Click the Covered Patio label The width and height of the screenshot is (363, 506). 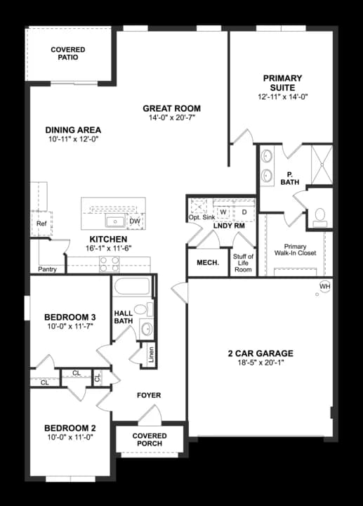(68, 53)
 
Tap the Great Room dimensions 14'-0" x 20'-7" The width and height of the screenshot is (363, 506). (171, 118)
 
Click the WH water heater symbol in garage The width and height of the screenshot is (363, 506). (324, 287)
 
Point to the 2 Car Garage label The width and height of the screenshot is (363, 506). (260, 353)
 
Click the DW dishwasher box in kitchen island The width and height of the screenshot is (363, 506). (136, 221)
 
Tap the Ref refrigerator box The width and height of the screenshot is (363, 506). (41, 223)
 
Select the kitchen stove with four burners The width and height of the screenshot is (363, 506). (110, 264)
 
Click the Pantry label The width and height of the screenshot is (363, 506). (48, 269)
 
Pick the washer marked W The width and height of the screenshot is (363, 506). (223, 211)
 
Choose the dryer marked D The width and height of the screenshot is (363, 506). (244, 211)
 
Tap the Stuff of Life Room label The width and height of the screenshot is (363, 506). (243, 263)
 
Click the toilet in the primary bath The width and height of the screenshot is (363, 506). (320, 216)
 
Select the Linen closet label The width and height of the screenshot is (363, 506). (151, 356)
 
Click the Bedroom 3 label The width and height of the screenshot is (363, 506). (70, 318)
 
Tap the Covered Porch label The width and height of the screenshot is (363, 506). (150, 440)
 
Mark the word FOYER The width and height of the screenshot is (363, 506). (149, 396)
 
